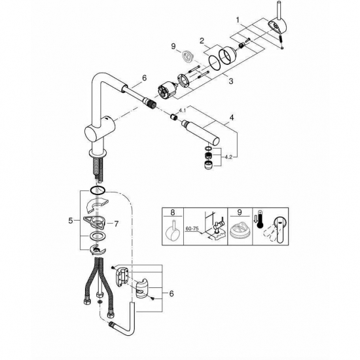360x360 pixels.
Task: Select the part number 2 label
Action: click(x=203, y=41)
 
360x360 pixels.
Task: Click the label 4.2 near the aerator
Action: click(x=226, y=157)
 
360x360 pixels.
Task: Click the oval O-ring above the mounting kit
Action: click(x=98, y=190)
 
